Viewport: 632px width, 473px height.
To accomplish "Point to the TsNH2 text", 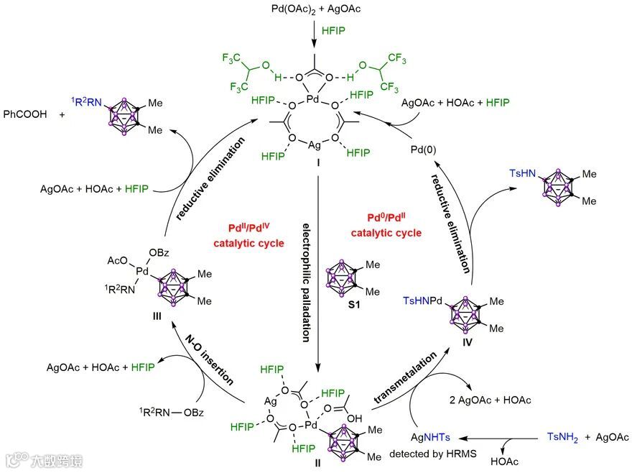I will [565, 437].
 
